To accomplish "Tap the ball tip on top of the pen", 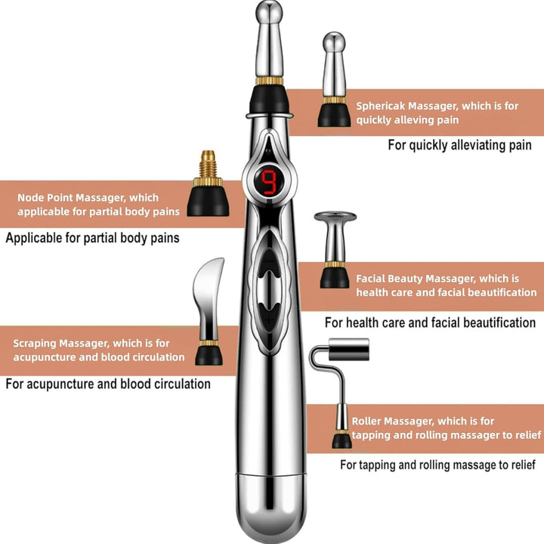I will click(269, 13).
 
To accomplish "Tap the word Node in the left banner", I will click(31, 198).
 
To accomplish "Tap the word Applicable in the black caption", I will click(35, 239).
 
